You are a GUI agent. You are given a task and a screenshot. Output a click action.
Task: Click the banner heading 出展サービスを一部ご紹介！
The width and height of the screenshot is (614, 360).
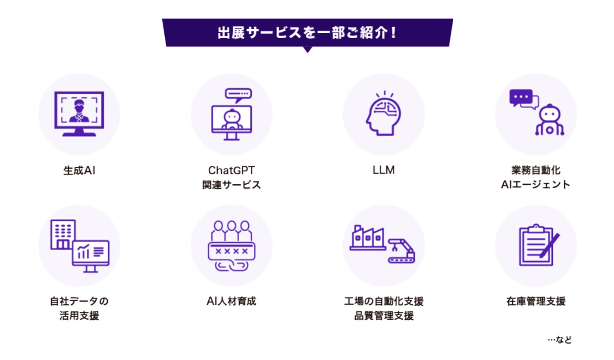point(307,33)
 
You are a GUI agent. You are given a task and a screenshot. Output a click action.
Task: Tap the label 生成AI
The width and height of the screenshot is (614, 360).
point(79,170)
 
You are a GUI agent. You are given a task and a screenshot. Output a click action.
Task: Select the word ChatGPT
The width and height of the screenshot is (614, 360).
point(231,170)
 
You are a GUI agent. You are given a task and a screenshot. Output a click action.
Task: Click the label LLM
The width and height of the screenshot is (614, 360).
point(383,170)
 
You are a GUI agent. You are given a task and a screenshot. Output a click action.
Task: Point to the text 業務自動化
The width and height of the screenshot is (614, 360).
point(536,170)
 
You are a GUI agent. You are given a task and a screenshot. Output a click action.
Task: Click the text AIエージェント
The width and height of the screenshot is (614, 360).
point(536,185)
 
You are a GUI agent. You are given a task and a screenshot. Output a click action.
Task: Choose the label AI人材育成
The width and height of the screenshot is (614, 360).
point(231,302)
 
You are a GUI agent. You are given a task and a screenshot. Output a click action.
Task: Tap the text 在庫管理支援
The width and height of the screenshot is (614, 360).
point(536,302)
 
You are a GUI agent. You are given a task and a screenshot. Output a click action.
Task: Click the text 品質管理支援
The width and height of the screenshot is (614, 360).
point(383,316)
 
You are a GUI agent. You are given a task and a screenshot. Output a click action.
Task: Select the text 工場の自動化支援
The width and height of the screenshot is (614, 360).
point(383,302)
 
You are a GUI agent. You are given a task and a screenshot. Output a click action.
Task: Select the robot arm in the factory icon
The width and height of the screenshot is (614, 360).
point(401,246)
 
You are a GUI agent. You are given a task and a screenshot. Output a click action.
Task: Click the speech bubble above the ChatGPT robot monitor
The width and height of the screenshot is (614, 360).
point(238,94)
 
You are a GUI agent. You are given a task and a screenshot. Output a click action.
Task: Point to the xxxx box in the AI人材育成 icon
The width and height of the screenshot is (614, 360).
point(231,251)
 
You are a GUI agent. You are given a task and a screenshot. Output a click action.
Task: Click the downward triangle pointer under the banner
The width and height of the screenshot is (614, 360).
point(307,50)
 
